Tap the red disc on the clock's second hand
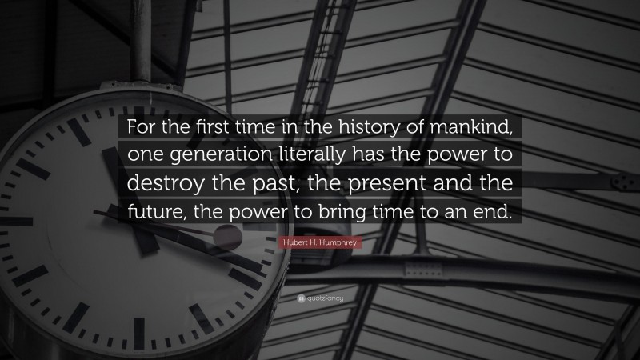click(x=227, y=238)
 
